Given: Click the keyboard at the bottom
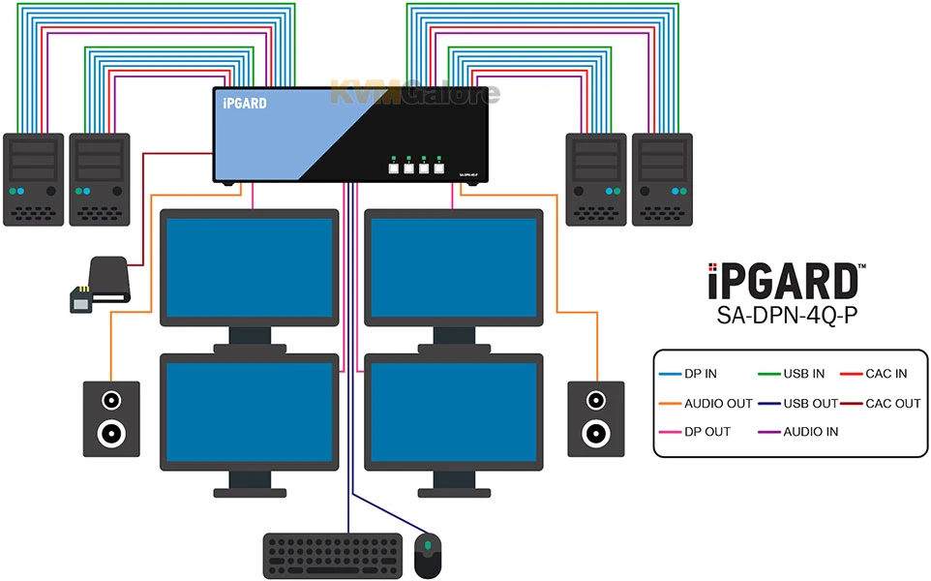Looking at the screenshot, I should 332,555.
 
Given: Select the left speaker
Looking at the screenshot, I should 110,418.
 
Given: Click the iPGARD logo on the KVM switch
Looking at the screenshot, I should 244,103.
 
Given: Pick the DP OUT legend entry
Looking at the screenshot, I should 707,431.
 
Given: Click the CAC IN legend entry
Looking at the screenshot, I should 886,374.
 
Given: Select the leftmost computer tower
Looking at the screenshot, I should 33,179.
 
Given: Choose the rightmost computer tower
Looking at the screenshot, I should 662,179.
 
